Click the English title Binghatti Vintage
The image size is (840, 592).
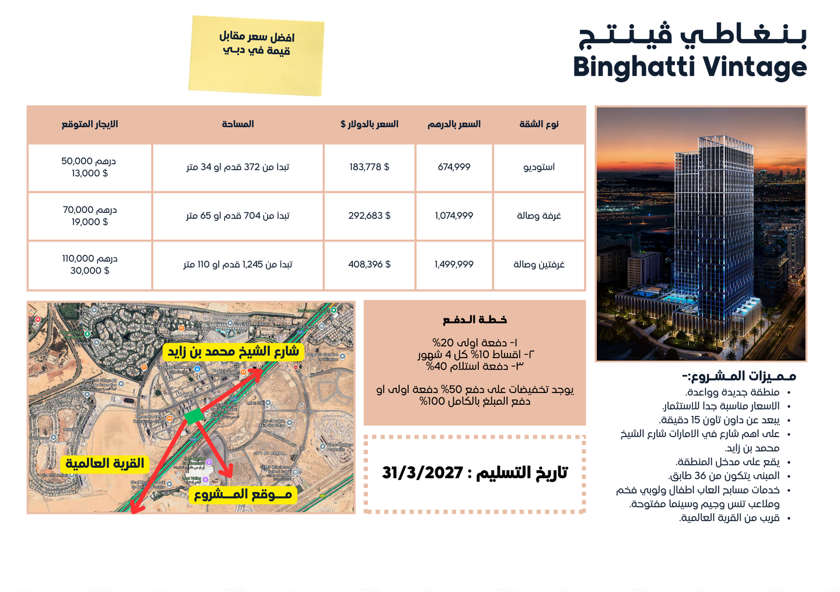coord(689,67)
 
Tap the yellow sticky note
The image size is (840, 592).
coord(256,55)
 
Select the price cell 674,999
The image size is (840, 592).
coord(454,167)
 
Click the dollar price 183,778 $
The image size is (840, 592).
coord(369,167)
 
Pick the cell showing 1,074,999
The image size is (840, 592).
coord(454,216)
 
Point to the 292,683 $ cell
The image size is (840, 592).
coord(369,216)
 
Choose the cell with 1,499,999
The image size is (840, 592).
coord(454,265)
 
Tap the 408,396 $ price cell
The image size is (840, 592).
coord(369,265)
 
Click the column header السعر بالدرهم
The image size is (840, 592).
coord(454,124)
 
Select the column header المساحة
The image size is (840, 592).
coord(237,124)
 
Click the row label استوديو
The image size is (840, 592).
coord(539,167)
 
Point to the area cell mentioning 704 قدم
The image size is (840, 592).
coord(237,216)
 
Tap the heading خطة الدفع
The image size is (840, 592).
coord(474,320)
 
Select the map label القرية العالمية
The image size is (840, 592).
coord(104,464)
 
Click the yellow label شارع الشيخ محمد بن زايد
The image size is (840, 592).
coord(233,352)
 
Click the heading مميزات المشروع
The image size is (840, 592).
coord(738,376)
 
